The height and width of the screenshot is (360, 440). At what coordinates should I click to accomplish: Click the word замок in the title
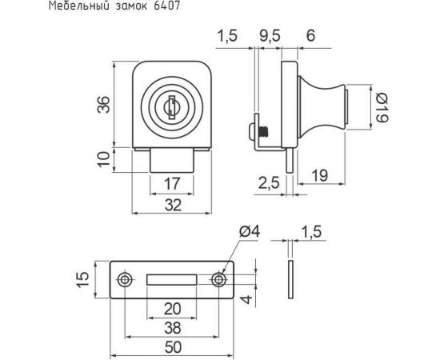tap(128, 7)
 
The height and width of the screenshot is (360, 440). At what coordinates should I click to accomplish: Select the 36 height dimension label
tap(102, 104)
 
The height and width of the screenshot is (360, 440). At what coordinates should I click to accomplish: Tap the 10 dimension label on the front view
tap(102, 158)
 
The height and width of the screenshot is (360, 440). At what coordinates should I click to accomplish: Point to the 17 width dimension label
tap(172, 183)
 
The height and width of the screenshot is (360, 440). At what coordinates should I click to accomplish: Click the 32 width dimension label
tap(172, 205)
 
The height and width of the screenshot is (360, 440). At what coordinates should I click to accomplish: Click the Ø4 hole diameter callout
tap(249, 232)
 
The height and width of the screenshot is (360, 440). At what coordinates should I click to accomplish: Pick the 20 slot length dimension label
tap(172, 309)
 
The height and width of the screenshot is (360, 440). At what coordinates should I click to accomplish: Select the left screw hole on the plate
tap(126, 279)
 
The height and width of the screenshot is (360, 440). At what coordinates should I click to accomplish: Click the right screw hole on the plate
tap(218, 279)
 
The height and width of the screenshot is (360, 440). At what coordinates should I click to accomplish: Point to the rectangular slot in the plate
tap(172, 279)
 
